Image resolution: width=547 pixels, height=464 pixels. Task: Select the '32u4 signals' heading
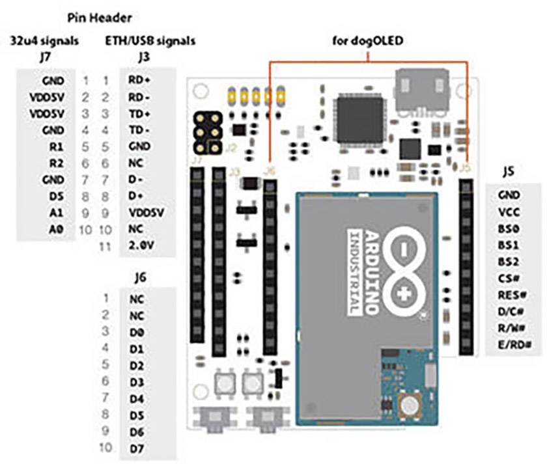[x=45, y=40]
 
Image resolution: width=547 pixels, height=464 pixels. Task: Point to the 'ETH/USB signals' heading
[x=150, y=40]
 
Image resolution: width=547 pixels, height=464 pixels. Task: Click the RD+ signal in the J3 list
[x=139, y=81]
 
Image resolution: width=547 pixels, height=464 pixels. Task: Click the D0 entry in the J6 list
[x=136, y=331]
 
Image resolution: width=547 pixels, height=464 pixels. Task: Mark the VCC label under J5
[x=508, y=211]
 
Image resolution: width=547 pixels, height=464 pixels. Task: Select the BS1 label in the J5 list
[x=508, y=244]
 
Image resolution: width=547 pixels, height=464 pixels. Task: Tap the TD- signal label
[x=139, y=130]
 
